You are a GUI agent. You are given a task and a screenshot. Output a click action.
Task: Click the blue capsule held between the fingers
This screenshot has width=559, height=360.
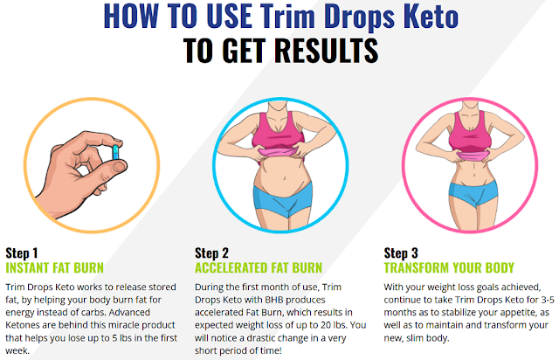[x=115, y=152]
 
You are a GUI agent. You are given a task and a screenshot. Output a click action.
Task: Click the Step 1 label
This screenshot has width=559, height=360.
[x=21, y=253]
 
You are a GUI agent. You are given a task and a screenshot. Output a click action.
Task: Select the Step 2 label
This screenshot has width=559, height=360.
[x=211, y=253]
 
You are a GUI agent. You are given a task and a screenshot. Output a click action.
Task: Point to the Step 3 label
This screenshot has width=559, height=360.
[x=401, y=253]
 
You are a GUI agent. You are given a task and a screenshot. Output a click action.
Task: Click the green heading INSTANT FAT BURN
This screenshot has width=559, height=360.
[x=54, y=268]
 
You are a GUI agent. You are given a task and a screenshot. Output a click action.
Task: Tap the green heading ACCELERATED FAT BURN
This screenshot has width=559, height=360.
[x=259, y=268]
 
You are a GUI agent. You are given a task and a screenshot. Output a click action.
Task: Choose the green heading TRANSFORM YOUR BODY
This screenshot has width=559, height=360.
[x=449, y=268]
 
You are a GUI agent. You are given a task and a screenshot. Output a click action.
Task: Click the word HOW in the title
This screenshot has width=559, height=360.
[x=131, y=16]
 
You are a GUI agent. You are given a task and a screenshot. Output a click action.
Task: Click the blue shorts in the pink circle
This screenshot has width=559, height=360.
[x=473, y=193]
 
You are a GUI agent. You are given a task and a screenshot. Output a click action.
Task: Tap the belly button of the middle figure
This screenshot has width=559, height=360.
[x=284, y=177]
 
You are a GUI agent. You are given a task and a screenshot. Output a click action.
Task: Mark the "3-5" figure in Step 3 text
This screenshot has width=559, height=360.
[x=548, y=300]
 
